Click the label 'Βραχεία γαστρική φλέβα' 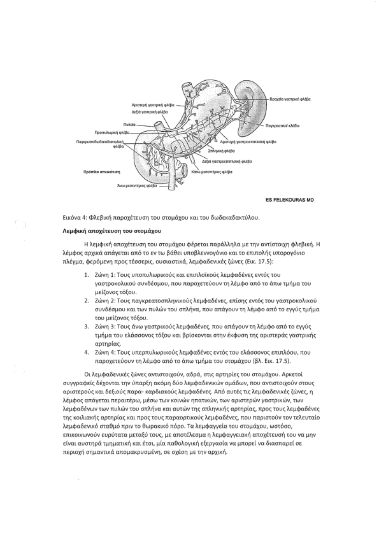290,99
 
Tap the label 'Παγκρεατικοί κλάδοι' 283,126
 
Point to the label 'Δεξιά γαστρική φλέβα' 150,111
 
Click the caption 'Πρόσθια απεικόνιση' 104,172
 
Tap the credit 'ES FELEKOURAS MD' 290,200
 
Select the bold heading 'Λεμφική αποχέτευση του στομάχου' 112,230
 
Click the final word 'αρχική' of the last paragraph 218,452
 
